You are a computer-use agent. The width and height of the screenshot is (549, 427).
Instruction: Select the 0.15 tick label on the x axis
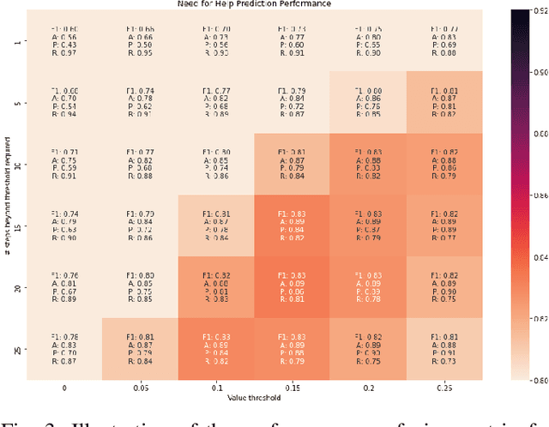point(293,388)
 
